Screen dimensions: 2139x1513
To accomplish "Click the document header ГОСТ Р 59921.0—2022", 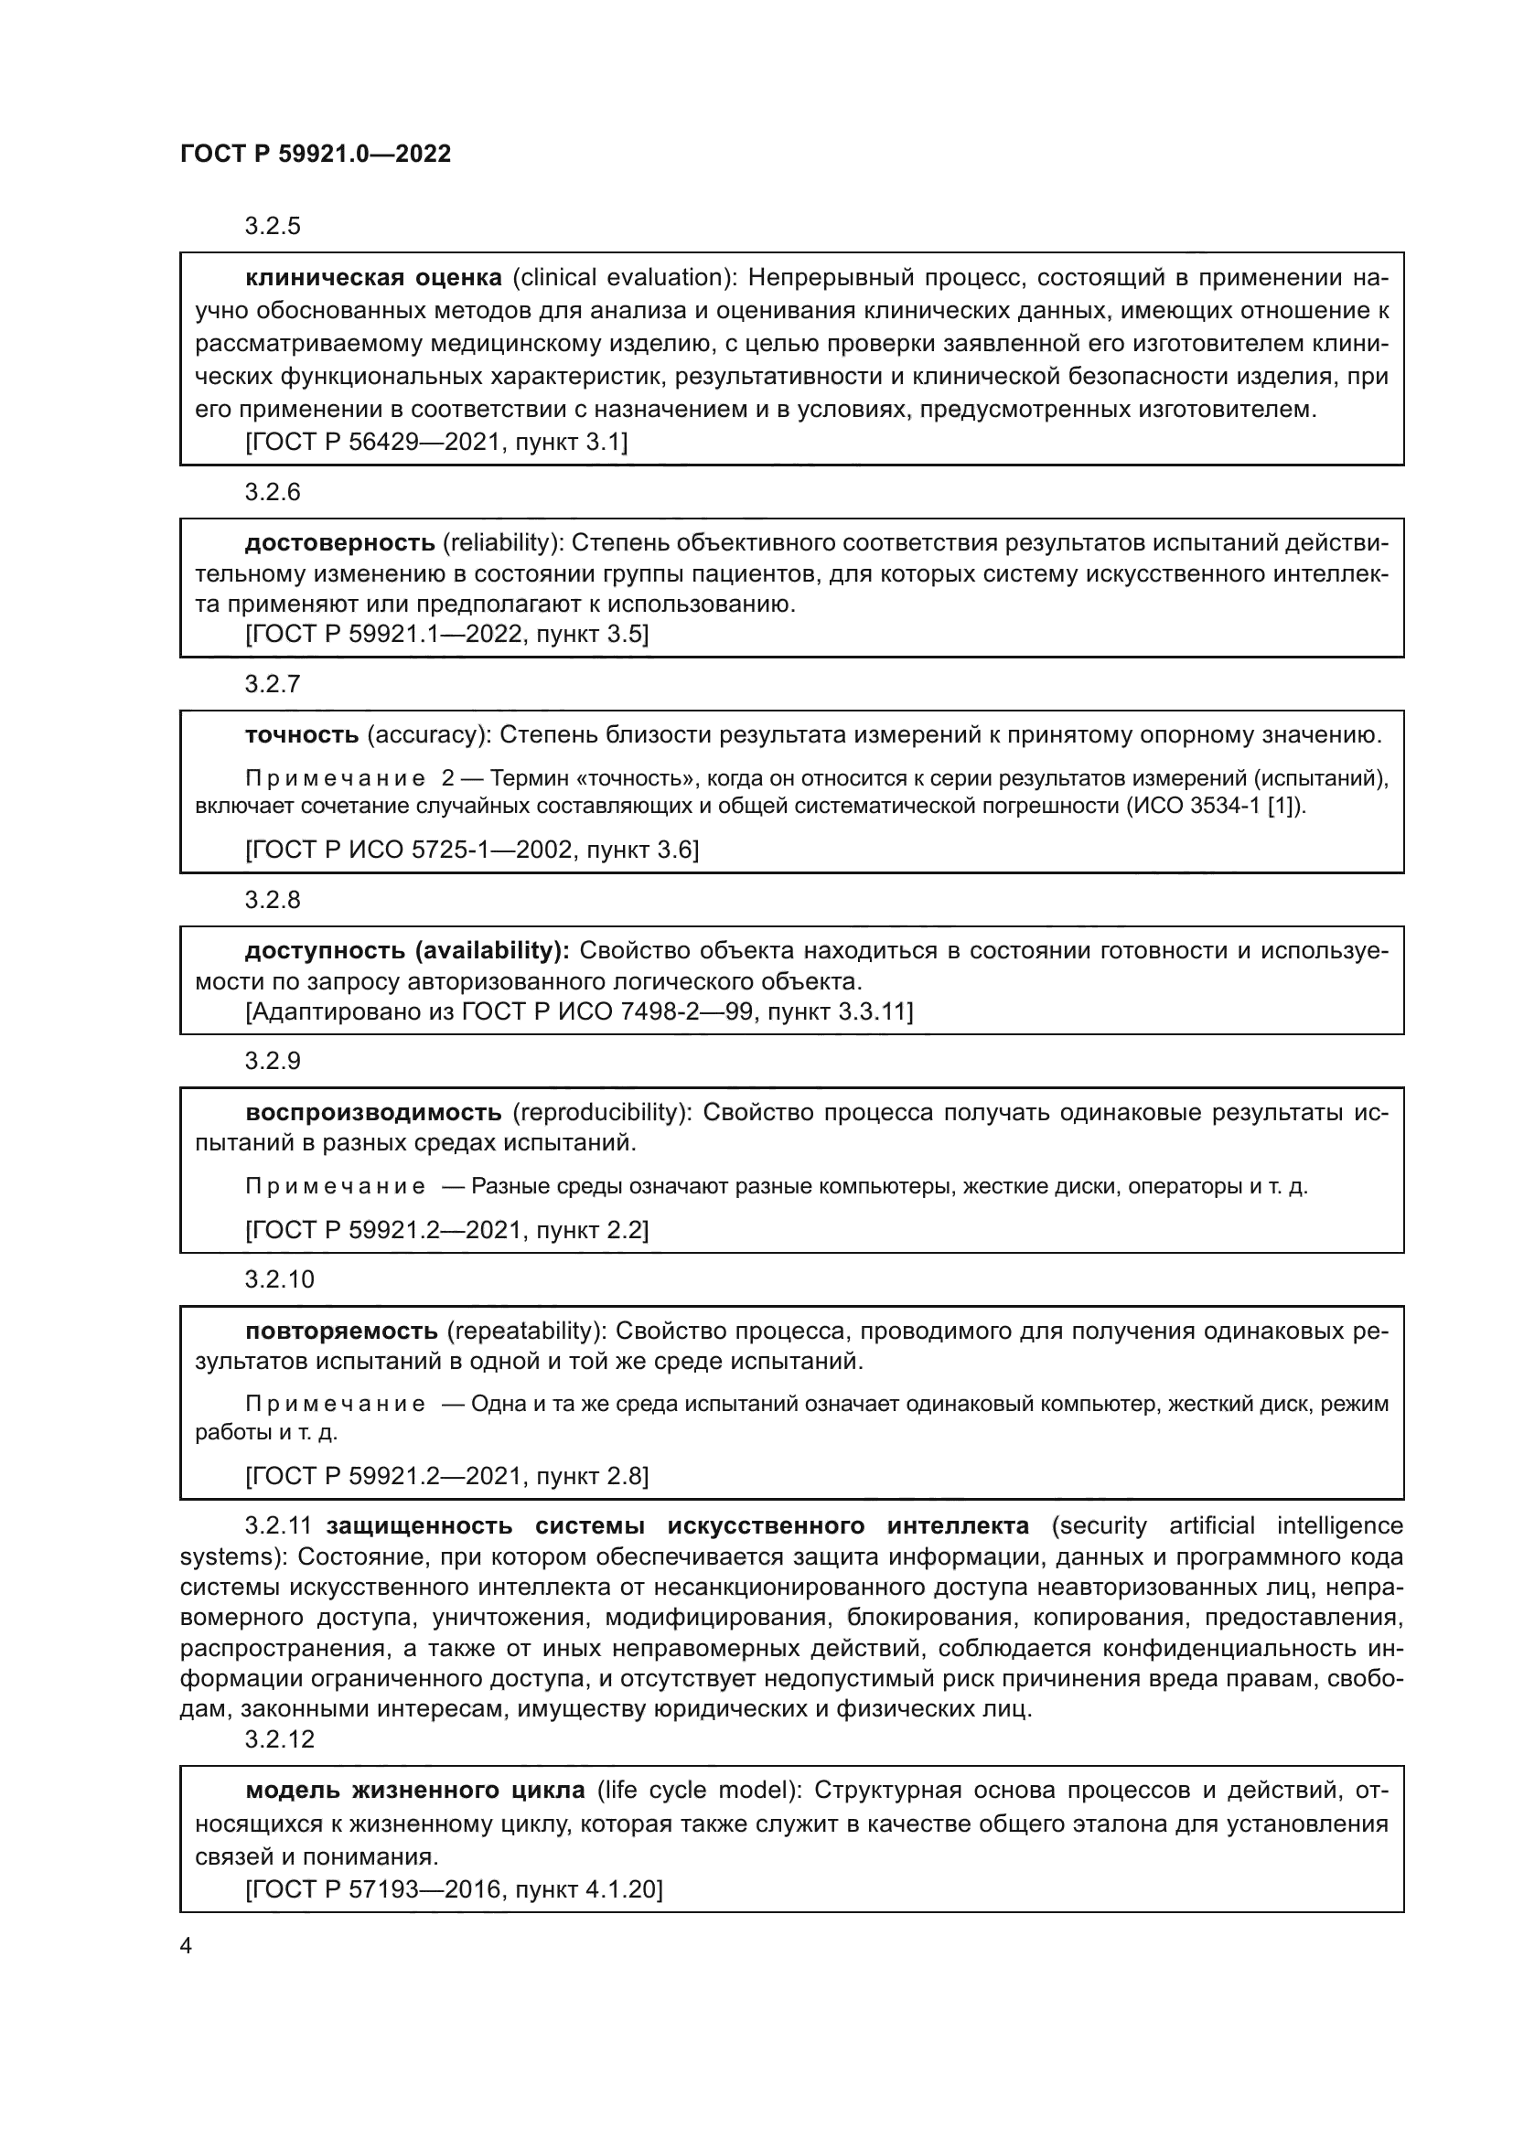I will pos(315,155).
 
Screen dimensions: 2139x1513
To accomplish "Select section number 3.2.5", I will pos(272,227).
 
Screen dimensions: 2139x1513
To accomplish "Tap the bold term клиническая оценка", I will pos(372,278).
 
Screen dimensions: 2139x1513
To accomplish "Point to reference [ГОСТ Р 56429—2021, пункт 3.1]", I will pos(436,442).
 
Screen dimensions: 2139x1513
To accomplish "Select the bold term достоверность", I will pos(340,542).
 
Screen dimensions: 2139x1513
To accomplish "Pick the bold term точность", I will pos(302,735).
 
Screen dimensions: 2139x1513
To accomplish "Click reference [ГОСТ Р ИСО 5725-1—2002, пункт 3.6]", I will pos(471,850).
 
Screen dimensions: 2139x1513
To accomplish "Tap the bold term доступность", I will pos(326,950).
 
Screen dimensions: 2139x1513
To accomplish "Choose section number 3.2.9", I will pos(272,1061).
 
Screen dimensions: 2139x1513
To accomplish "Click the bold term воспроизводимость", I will pos(373,1112).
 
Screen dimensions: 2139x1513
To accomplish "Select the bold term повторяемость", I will pos(341,1331).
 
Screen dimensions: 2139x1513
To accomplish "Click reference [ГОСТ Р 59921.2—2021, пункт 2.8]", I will pos(446,1476).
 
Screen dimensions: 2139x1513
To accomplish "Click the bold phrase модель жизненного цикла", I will pos(414,1791).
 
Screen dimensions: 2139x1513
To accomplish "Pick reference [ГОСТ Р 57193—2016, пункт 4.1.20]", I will pos(454,1889).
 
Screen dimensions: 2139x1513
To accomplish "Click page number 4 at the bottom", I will pos(186,1945).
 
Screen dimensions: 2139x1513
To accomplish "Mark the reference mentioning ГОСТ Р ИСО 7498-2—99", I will pos(578,1011).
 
